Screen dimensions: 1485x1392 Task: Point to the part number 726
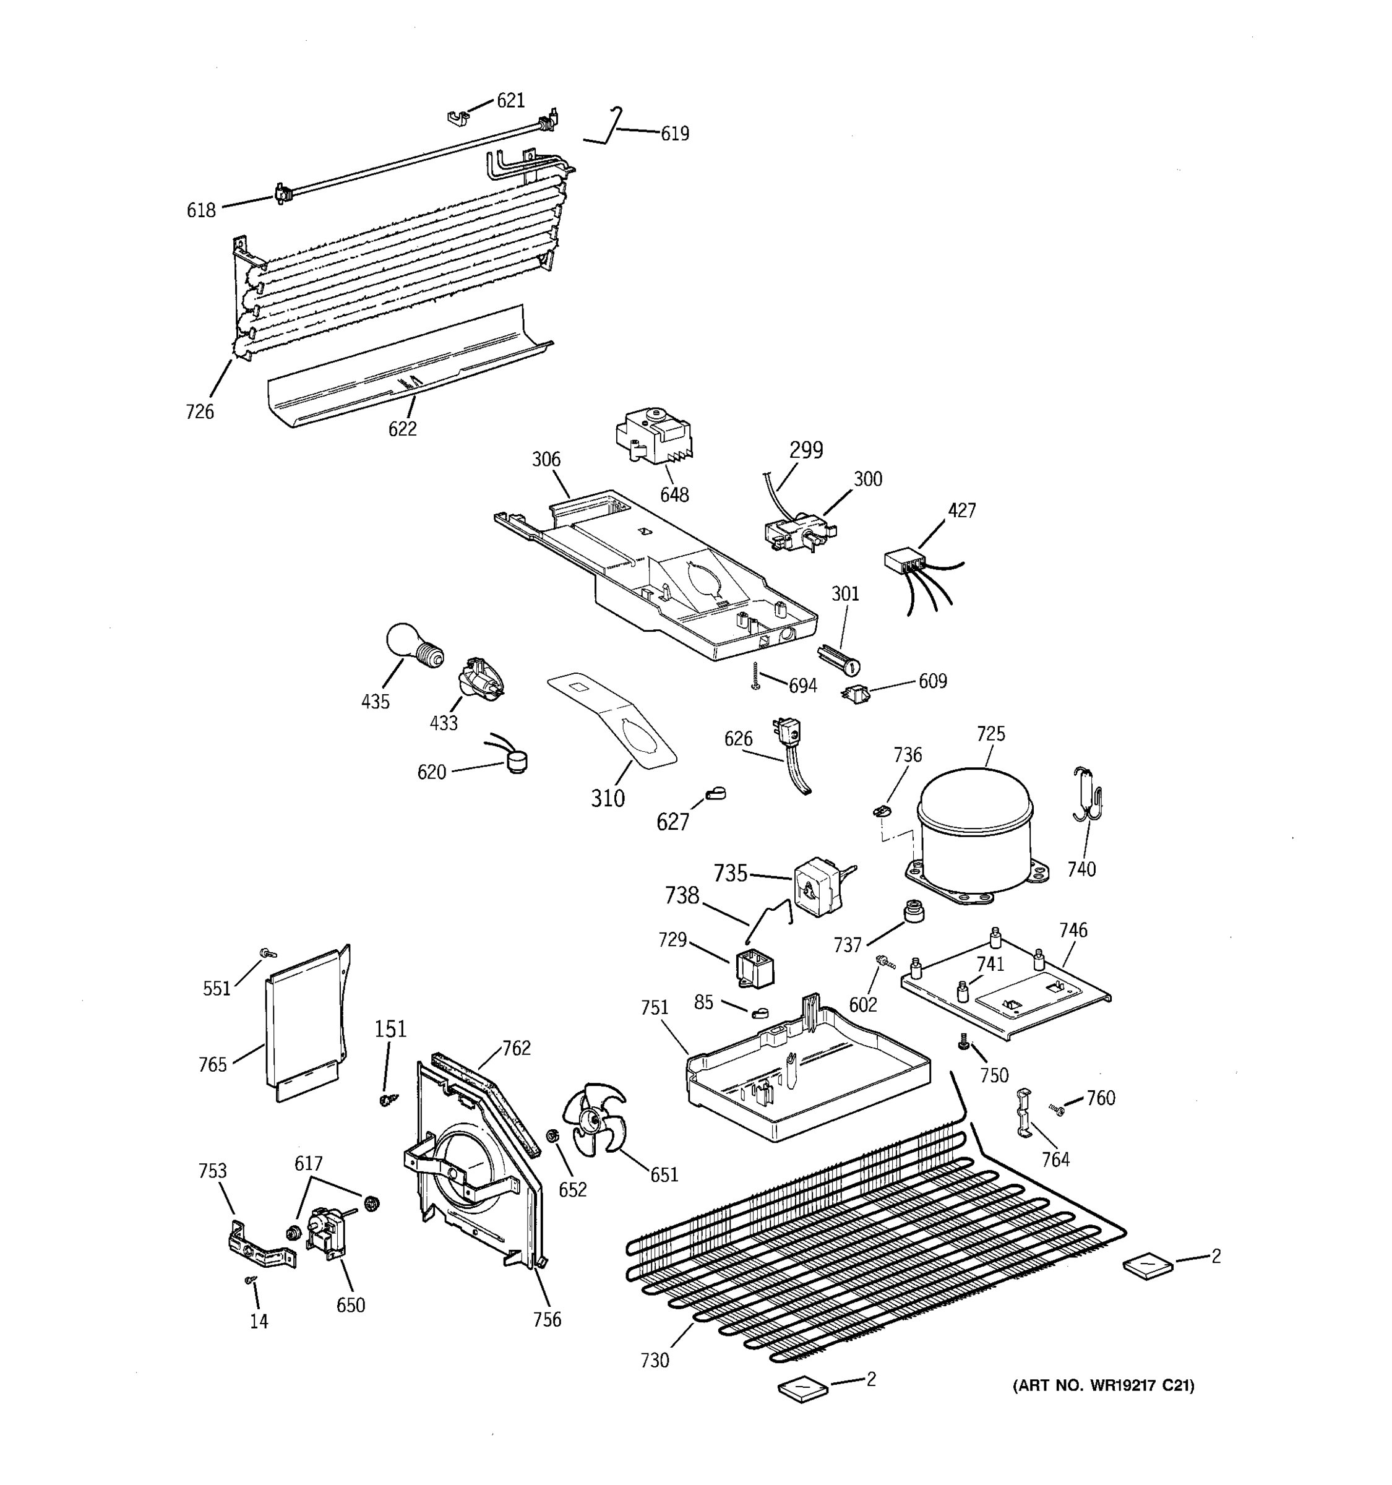point(199,411)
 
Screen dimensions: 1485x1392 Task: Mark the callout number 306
point(546,459)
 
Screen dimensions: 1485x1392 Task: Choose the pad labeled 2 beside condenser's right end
point(1147,1266)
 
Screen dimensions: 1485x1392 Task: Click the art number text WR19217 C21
point(1102,1385)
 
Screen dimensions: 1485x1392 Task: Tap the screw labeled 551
point(265,953)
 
